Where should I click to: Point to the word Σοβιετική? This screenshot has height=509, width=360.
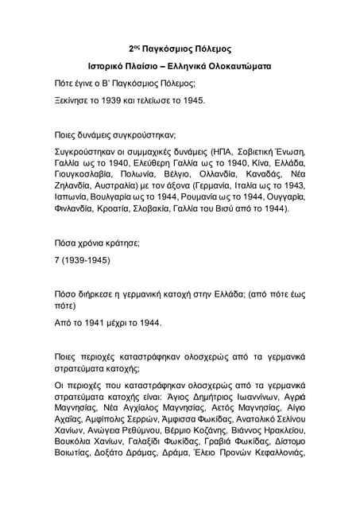coord(267,150)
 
